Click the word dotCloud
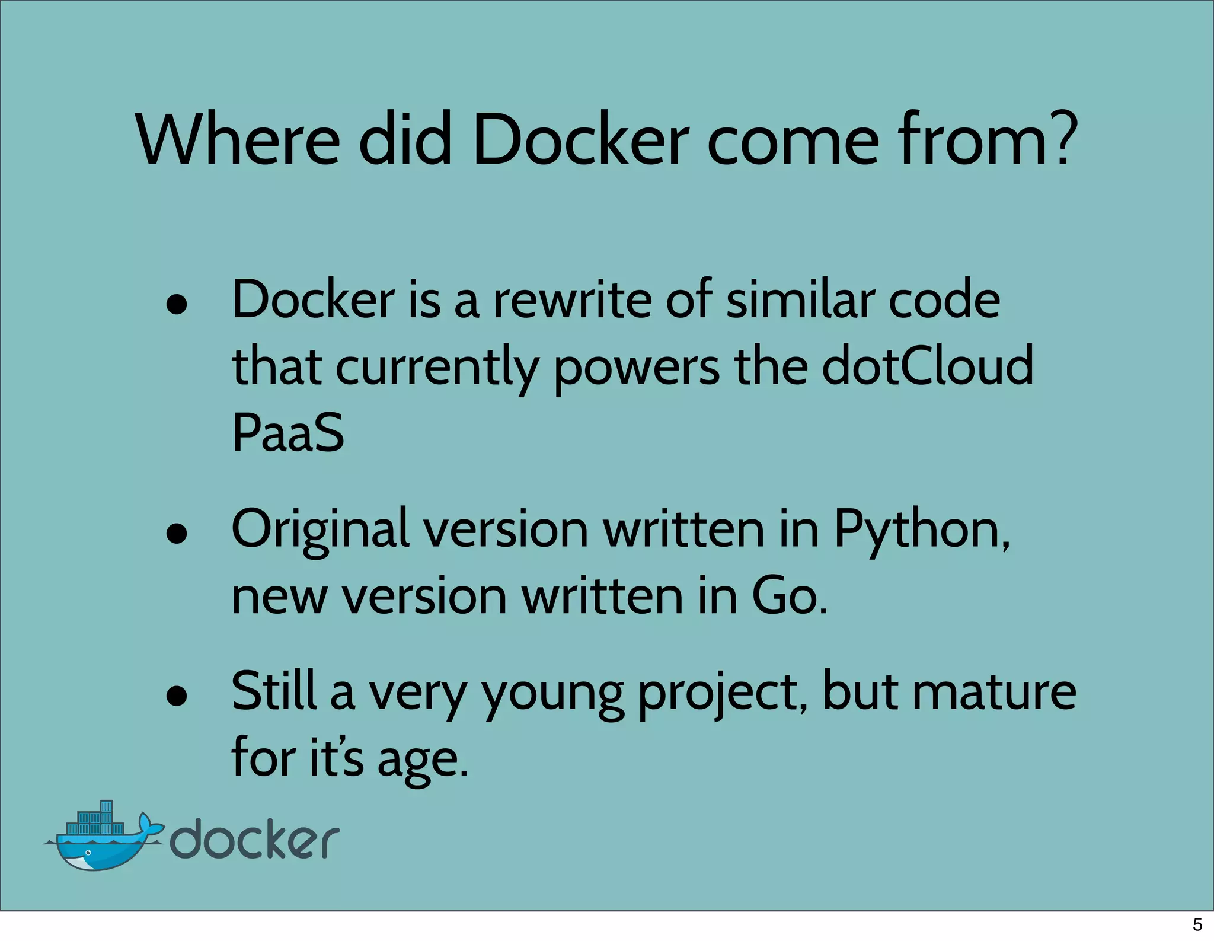pos(928,366)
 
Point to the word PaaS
pos(287,432)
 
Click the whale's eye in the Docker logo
pos(88,853)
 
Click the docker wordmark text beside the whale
pos(255,838)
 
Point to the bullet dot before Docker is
pos(177,305)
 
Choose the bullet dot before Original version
pos(177,534)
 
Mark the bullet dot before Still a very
pos(177,697)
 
